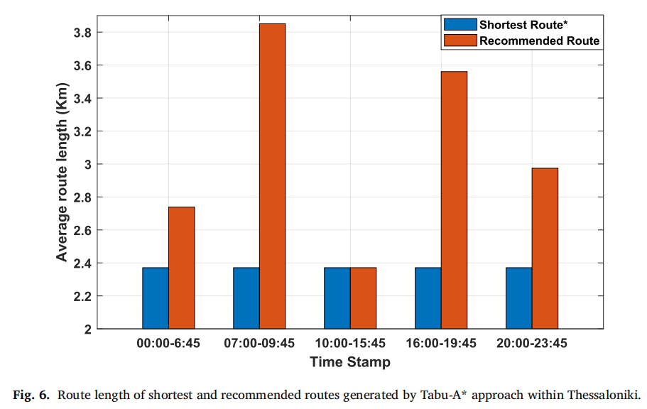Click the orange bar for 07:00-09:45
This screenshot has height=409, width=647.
tap(272, 176)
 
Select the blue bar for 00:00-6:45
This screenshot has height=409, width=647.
tap(156, 298)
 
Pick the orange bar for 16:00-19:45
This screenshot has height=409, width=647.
tap(454, 200)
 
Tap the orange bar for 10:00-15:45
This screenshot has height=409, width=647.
tap(363, 298)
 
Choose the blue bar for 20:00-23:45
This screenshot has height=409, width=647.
tap(518, 298)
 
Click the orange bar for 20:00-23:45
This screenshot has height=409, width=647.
tap(545, 249)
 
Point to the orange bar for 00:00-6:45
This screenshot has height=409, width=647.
tap(182, 268)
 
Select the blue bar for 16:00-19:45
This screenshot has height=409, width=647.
tap(428, 298)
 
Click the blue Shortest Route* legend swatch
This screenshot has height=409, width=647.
tap(460, 24)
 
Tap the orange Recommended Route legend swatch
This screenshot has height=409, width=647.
tap(460, 40)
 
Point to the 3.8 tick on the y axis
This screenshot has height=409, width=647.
tap(82, 32)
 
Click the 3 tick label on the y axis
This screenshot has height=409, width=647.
tap(88, 164)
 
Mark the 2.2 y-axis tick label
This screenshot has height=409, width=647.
tap(82, 296)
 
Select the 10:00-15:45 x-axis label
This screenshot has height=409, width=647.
tap(350, 343)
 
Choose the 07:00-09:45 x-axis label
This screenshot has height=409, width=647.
tap(259, 343)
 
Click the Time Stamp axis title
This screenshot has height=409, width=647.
tap(350, 362)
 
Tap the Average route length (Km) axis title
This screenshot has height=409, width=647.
tap(62, 172)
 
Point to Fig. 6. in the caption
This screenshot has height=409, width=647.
tap(31, 395)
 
